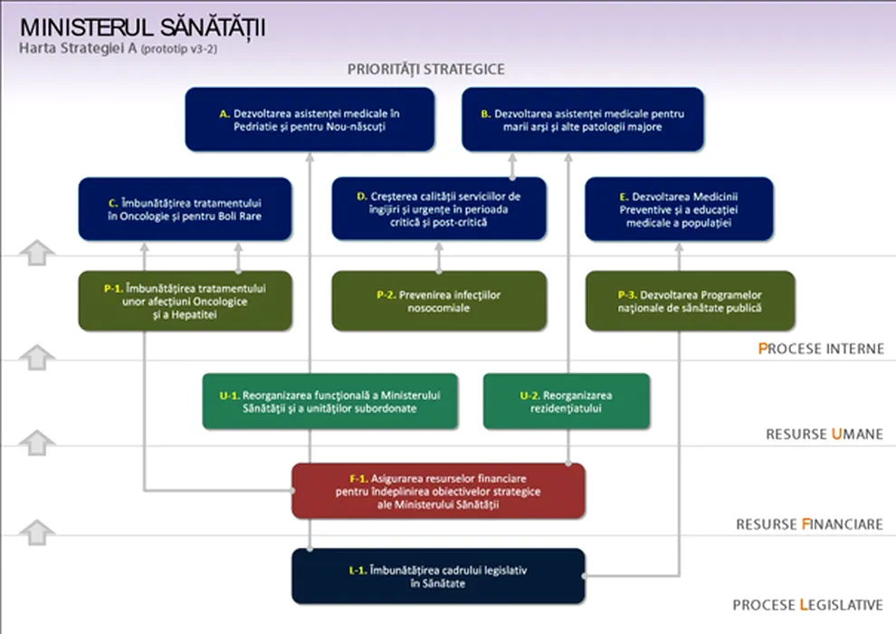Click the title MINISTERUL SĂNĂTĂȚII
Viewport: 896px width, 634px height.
click(x=142, y=27)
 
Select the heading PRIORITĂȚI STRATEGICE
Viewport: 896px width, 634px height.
click(x=425, y=69)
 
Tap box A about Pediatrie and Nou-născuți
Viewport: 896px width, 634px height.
click(x=310, y=120)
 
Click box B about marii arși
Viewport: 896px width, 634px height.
click(x=582, y=120)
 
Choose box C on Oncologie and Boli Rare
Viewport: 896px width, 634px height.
click(x=186, y=209)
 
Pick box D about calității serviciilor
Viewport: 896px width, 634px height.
click(x=439, y=208)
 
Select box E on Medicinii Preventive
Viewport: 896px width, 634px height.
click(x=679, y=208)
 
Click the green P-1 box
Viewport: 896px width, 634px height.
click(x=186, y=301)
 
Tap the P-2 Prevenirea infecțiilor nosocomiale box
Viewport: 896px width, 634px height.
click(x=439, y=301)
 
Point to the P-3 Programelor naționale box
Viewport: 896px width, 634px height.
click(x=690, y=301)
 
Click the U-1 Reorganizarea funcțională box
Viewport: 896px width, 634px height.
click(x=329, y=401)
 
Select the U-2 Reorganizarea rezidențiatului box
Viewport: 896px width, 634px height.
click(x=567, y=401)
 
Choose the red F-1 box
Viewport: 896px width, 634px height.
click(x=438, y=491)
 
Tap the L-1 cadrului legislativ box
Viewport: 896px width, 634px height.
click(x=438, y=576)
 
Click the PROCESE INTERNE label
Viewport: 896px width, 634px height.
click(x=821, y=349)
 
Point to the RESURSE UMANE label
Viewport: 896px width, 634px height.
click(x=824, y=435)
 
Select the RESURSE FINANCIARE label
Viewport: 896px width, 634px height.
click(x=809, y=524)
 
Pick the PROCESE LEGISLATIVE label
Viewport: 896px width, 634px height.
click(x=807, y=605)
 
